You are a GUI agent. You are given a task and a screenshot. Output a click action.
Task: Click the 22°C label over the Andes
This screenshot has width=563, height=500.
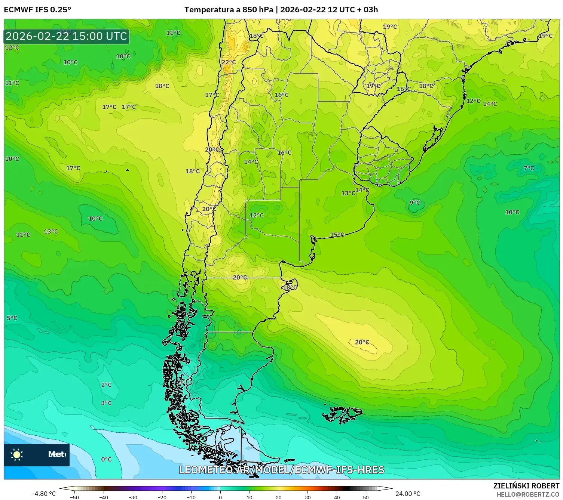229,62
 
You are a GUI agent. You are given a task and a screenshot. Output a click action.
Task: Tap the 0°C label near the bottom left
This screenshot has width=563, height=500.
106,459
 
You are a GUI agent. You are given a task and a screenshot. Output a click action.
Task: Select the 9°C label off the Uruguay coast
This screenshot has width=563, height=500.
414,203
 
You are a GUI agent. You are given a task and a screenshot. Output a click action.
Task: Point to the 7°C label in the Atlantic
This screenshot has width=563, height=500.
529,168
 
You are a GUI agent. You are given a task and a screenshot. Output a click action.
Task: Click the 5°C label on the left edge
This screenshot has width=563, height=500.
12,318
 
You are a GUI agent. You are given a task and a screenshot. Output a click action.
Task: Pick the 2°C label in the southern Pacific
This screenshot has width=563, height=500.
106,385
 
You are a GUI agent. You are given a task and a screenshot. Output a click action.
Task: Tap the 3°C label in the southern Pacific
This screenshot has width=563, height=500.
106,403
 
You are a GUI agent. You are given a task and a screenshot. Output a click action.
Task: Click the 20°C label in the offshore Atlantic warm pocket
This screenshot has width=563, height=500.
362,342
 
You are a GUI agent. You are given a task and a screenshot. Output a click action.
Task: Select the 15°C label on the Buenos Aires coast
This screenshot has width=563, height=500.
337,235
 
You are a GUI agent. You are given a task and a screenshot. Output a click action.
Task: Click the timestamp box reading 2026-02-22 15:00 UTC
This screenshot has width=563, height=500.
67,36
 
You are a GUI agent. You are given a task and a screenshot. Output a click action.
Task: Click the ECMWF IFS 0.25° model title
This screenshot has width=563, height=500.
37,10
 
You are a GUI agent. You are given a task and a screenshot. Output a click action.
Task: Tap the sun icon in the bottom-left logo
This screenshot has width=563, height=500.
17,454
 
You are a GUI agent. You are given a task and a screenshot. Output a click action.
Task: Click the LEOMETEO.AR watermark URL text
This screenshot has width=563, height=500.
281,470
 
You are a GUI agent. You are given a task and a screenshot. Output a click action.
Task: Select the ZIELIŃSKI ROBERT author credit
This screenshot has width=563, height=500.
526,486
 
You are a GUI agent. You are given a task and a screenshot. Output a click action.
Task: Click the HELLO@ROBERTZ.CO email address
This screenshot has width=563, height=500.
528,494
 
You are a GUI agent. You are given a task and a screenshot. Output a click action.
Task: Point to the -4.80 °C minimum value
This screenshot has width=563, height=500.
44,494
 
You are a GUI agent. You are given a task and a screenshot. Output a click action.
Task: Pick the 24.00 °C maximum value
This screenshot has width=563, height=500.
408,494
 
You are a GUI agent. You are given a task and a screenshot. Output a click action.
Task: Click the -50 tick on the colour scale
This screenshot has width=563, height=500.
74,497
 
